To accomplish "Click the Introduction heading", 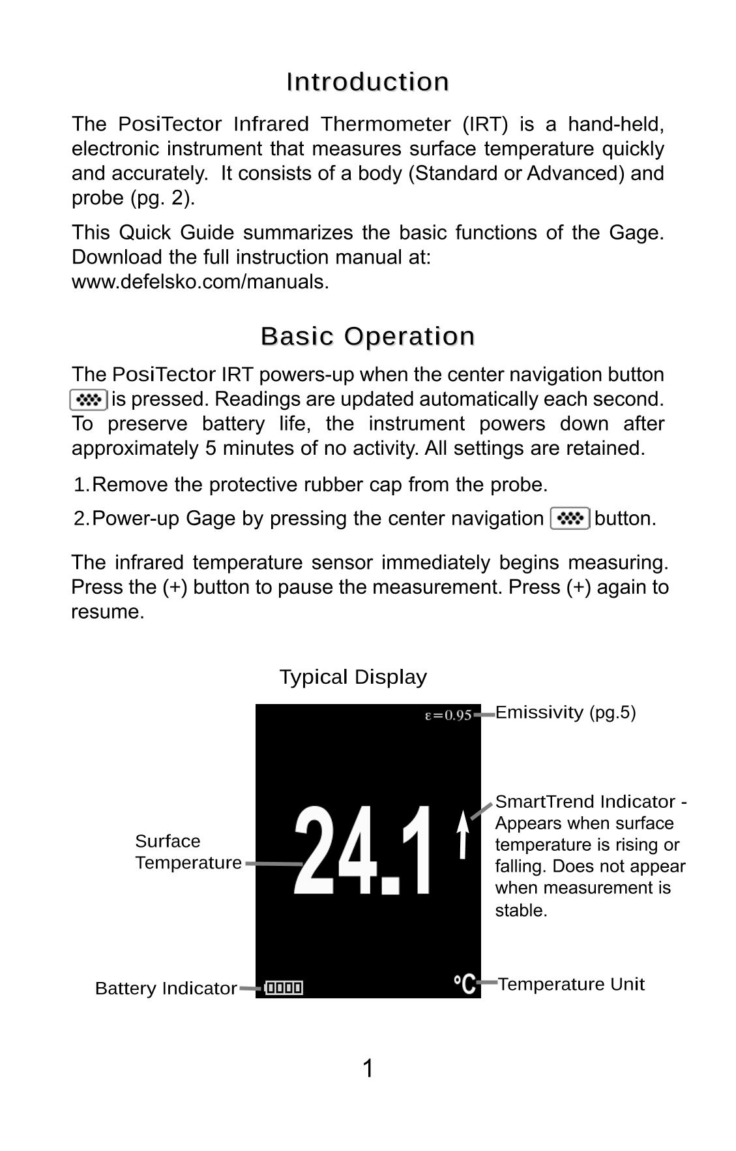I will pyautogui.click(x=368, y=82).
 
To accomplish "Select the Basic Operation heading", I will pyautogui.click(x=368, y=337).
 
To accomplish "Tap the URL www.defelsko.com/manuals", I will pyautogui.click(x=200, y=282).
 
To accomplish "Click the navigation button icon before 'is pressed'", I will pyautogui.click(x=89, y=399).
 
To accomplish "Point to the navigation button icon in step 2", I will pyautogui.click(x=570, y=519).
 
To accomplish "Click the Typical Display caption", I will pyautogui.click(x=353, y=677).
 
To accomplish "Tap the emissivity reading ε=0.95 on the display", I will pyautogui.click(x=448, y=715).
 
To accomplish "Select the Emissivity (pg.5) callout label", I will pyautogui.click(x=565, y=713).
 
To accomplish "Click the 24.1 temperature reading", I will pyautogui.click(x=362, y=851).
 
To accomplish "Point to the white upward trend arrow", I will pyautogui.click(x=463, y=835).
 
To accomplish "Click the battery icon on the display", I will pyautogui.click(x=284, y=988).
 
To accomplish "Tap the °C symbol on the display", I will pyautogui.click(x=465, y=983).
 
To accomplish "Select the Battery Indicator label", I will pyautogui.click(x=166, y=989).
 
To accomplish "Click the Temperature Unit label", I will pyautogui.click(x=571, y=984).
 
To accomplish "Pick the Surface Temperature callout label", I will pyautogui.click(x=188, y=852).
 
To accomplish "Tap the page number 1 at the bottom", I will pyautogui.click(x=368, y=1069).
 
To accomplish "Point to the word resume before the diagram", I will pyautogui.click(x=107, y=612).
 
